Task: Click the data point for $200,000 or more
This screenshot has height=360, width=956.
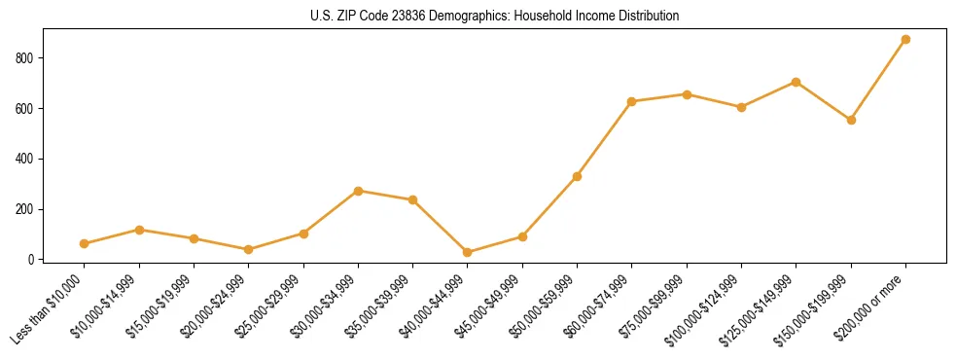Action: (905, 39)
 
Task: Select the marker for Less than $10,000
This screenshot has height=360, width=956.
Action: (85, 243)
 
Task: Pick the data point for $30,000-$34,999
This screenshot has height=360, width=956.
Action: (359, 191)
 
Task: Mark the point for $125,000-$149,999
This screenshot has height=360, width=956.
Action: (797, 82)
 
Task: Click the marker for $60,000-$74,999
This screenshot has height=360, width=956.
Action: (632, 101)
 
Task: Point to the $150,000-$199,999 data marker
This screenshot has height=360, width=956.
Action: (851, 120)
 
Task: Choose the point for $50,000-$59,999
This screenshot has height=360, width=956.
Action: (578, 176)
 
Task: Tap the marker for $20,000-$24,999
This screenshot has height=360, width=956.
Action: (249, 249)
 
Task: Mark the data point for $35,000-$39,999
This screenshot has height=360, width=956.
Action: (413, 199)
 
